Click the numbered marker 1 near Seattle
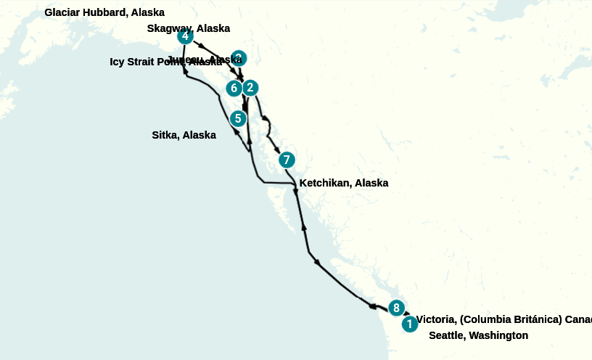tap(409, 324)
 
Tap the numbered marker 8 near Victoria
tap(395, 308)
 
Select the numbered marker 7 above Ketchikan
tap(287, 160)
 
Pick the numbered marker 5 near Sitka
tap(237, 118)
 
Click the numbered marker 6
tap(234, 89)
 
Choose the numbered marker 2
tap(250, 88)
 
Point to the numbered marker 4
tap(185, 36)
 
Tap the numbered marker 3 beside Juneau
tap(239, 58)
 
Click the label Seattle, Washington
tap(478, 335)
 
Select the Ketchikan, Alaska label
tap(343, 183)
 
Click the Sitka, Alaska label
tap(184, 135)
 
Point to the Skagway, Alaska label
tap(188, 28)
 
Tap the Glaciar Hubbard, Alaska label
tap(104, 12)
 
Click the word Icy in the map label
tap(118, 62)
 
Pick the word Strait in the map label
tap(142, 62)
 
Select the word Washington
tap(498, 335)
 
